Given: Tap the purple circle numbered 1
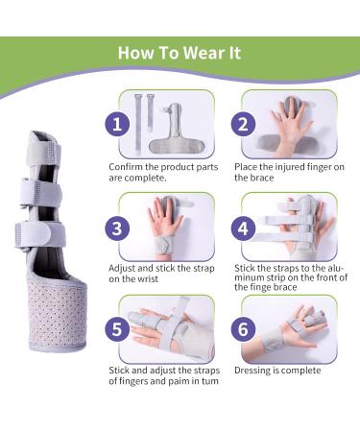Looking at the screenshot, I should point(116,125).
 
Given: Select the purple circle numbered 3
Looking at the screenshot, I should point(116,228).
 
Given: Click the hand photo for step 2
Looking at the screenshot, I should point(293,125).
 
